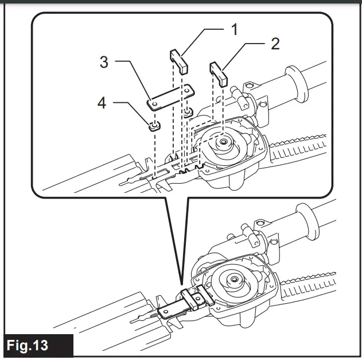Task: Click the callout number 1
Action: (x=233, y=29)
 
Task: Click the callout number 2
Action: (x=275, y=44)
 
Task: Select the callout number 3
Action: (x=104, y=62)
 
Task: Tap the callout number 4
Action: (x=102, y=104)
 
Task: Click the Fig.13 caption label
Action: (x=36, y=346)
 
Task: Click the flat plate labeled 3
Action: (x=170, y=96)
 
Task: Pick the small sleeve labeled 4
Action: (x=153, y=125)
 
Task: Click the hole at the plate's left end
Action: (x=153, y=104)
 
